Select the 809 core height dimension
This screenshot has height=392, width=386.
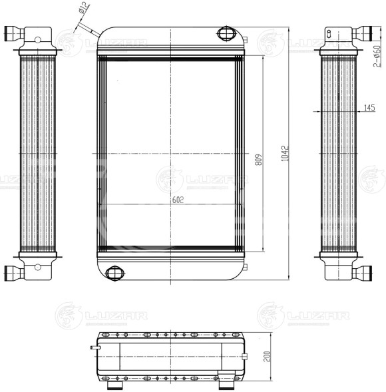click(x=258, y=160)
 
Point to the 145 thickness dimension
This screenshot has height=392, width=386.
click(x=370, y=108)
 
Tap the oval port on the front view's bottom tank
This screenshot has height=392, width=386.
click(x=116, y=272)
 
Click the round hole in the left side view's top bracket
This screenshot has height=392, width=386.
click(x=38, y=39)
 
